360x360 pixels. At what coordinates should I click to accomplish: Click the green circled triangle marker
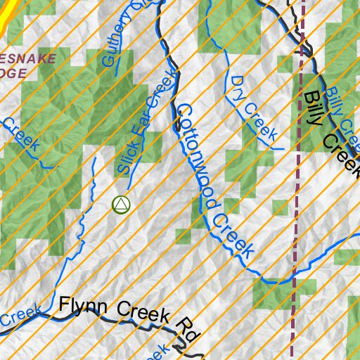click(x=121, y=205)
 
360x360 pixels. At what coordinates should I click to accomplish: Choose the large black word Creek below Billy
click(x=343, y=153)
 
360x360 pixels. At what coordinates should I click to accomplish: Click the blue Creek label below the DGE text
click(x=21, y=134)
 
